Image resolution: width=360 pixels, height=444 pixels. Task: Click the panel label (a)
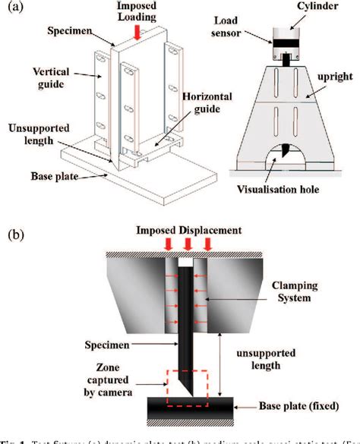click(14, 9)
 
